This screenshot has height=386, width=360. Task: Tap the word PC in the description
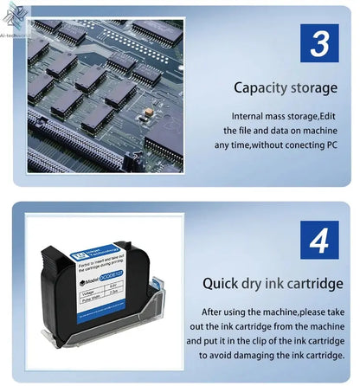tap(330, 145)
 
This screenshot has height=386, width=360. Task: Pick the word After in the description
tap(215, 311)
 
